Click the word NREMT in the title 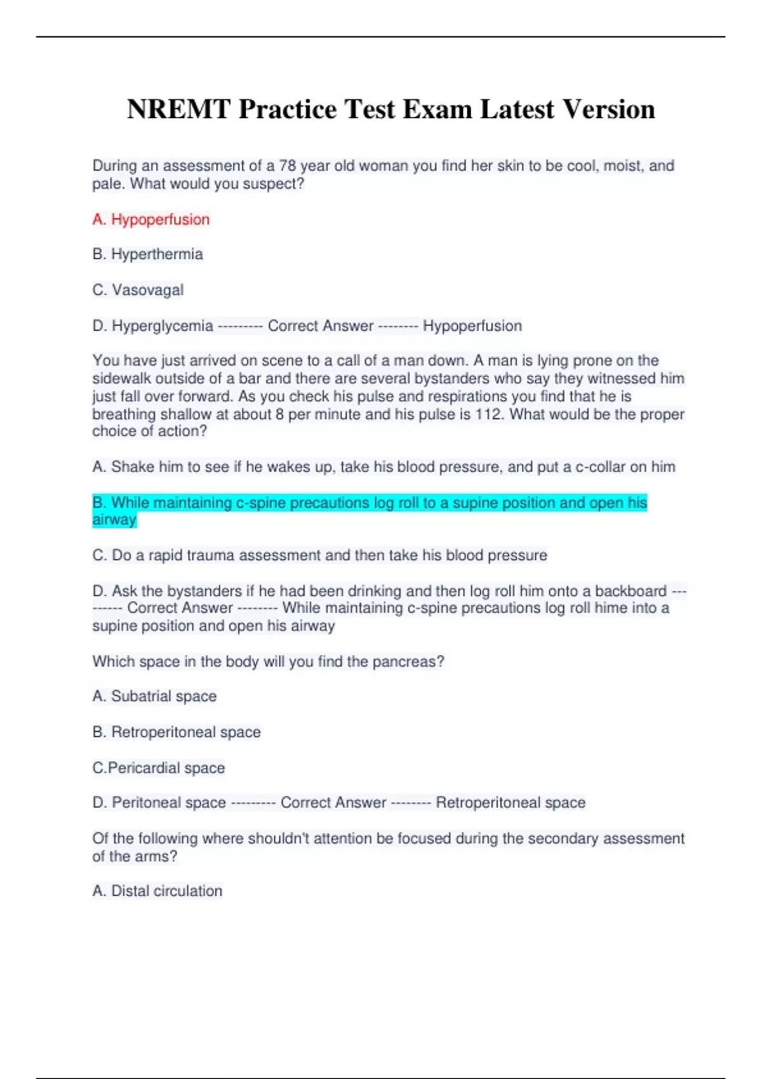point(178,109)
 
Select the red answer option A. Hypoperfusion point(151,220)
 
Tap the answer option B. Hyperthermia point(147,255)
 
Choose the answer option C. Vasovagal point(138,290)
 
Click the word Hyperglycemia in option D point(163,326)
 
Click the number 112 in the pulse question point(489,414)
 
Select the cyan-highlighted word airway point(114,520)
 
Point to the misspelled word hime point(609,608)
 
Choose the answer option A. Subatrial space point(154,696)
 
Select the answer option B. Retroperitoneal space point(177,732)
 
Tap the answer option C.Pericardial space point(159,768)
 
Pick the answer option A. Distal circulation point(157,891)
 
